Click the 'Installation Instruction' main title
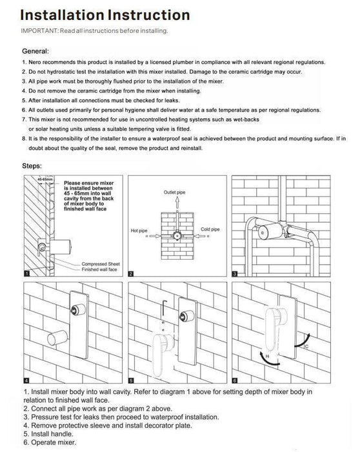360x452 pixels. [x=105, y=15]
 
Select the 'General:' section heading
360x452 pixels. [x=35, y=51]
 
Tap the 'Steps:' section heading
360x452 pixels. [x=32, y=166]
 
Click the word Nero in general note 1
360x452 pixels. [x=34, y=62]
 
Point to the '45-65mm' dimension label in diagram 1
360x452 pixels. [x=45, y=180]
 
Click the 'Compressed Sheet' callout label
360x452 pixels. [x=101, y=264]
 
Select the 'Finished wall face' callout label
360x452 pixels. [x=99, y=269]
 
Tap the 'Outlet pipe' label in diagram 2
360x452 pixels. [x=175, y=192]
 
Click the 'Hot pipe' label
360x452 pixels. [x=139, y=231]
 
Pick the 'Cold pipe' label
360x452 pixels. [x=210, y=229]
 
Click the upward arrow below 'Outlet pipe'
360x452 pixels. [x=177, y=203]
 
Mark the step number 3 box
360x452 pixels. [x=235, y=274]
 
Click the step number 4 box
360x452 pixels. [x=26, y=380]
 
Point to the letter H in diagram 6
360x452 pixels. [x=267, y=356]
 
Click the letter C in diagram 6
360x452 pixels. [x=306, y=346]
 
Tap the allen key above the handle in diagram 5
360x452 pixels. [x=163, y=309]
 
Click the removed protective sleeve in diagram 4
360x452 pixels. [x=57, y=338]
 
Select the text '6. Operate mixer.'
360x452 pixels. [x=50, y=442]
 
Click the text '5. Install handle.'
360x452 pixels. [x=48, y=434]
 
